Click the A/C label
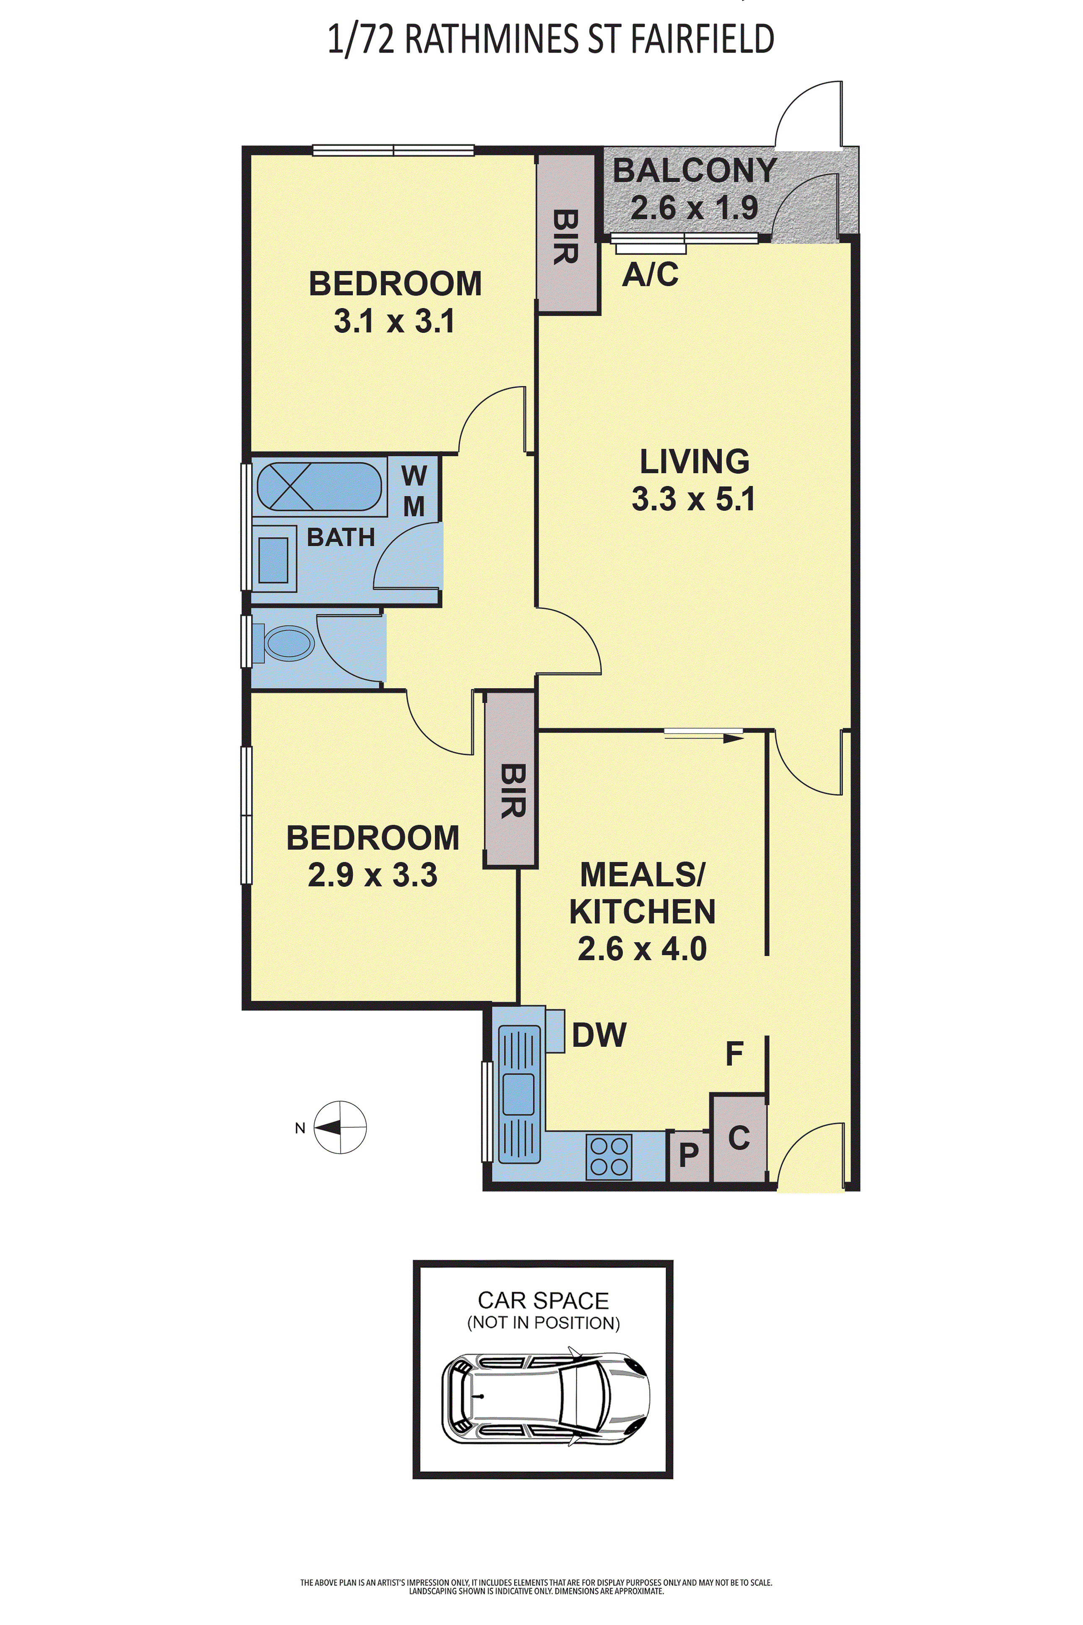coord(650,274)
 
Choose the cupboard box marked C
coord(738,1138)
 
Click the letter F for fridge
coord(734,1054)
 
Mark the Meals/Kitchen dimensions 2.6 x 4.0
coord(642,948)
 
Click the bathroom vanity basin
coord(273,559)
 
